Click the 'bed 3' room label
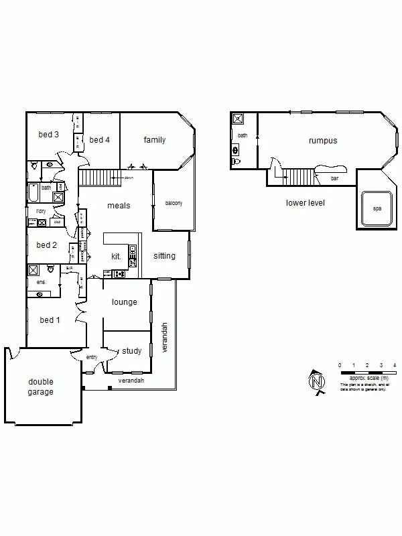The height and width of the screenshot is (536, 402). coord(48,135)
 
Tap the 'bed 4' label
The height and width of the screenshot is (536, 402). coord(100,139)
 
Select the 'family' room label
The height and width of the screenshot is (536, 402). coord(155,140)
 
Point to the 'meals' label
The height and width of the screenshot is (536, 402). coord(119,205)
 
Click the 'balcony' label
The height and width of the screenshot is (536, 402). coord(173,204)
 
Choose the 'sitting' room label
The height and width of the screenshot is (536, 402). coord(164,256)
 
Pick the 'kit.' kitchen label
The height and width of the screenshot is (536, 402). coord(116,256)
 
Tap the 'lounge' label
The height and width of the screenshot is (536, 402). coord(124,302)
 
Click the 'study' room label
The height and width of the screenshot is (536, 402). coord(132,351)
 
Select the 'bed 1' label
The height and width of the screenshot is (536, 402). coord(50,320)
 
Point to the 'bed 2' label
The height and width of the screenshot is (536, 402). coord(47,245)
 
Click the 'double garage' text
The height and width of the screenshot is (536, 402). coord(40,387)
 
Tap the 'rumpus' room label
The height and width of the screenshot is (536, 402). coord(322,141)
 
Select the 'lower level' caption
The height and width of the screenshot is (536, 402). coord(305,202)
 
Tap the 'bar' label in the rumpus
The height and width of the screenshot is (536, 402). coord(334,178)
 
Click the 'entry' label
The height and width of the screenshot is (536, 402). coord(92,358)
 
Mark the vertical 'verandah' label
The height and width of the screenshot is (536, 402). coord(164,338)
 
